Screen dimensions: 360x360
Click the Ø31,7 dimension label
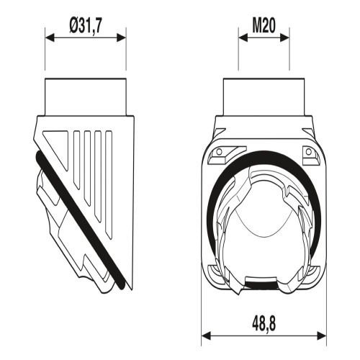[x=86, y=25]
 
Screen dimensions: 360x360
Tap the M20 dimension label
[x=264, y=25]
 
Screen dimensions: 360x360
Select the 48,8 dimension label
[x=264, y=324]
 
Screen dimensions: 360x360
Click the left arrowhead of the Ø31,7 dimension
[x=50, y=37]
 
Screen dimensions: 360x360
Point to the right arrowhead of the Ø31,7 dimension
[x=121, y=37]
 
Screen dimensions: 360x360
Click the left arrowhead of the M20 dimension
[x=243, y=37]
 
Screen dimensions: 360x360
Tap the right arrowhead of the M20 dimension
[x=284, y=37]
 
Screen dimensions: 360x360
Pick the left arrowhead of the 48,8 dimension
[x=206, y=336]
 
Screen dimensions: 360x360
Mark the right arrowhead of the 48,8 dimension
[x=322, y=336]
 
